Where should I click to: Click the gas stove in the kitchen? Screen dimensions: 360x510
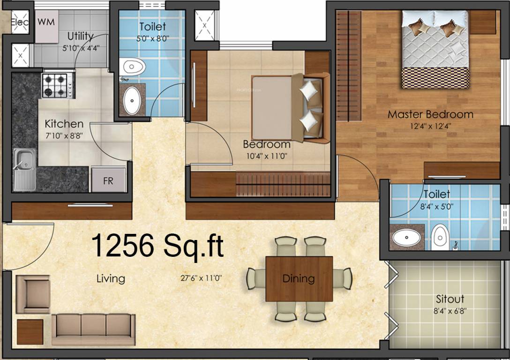click(58, 85)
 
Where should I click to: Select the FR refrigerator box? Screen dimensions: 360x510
click(108, 180)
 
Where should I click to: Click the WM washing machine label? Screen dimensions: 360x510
click(45, 22)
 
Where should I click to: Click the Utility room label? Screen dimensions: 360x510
click(80, 36)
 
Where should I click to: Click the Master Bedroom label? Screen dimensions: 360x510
click(430, 114)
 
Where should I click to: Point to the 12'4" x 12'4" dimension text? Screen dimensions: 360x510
click(430, 126)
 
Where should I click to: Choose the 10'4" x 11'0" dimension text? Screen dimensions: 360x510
click(266, 156)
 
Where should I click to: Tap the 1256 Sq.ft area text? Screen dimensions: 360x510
click(157, 246)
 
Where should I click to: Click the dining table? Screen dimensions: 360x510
click(299, 278)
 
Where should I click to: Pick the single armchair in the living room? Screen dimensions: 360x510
click(32, 294)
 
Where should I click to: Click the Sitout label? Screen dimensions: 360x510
click(450, 299)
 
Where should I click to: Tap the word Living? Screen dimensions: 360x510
click(111, 278)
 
